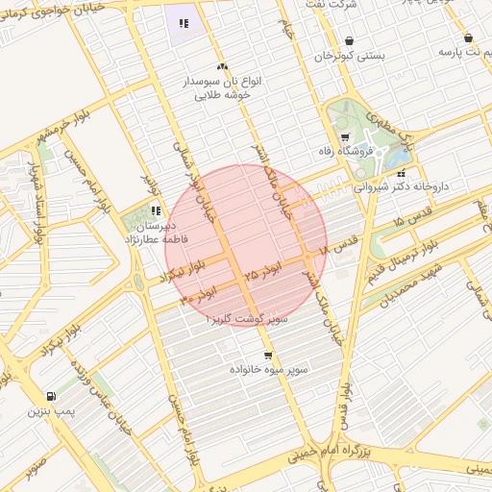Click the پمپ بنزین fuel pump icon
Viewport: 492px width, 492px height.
[50, 396]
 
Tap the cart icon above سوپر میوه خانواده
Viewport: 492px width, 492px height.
[268, 355]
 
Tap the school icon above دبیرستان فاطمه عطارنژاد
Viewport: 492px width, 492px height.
[156, 209]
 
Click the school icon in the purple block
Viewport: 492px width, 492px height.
[183, 22]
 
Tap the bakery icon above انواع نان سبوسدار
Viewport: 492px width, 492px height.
[223, 66]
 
